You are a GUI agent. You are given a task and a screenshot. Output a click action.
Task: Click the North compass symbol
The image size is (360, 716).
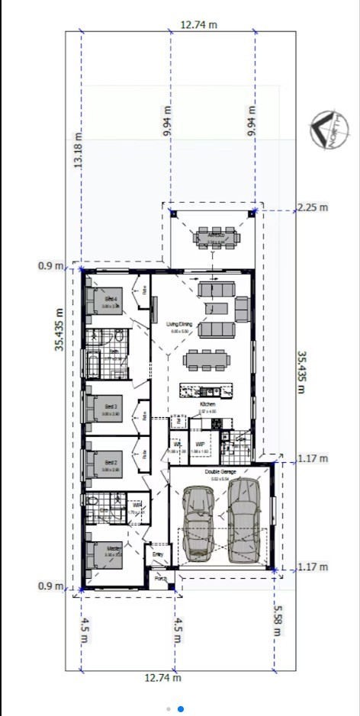pos(326,130)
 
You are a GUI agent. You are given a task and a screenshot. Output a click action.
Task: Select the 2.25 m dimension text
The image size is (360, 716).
pos(312,207)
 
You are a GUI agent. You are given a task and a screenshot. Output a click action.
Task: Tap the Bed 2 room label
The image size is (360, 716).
pos(111,462)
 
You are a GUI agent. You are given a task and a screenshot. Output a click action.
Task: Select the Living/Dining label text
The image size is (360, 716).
pos(180,325)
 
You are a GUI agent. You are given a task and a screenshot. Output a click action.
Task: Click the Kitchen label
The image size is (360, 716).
pos(207,404)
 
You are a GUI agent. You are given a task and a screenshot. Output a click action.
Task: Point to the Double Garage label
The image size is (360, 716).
pos(220,473)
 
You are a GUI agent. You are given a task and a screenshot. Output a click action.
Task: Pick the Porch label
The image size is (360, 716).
pos(161,578)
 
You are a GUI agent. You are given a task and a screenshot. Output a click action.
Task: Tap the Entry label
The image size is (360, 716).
pos(158,554)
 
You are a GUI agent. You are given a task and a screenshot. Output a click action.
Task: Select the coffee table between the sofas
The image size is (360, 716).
pos(217,308)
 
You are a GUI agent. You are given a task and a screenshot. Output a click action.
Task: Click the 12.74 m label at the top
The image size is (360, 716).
pos(198,24)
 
